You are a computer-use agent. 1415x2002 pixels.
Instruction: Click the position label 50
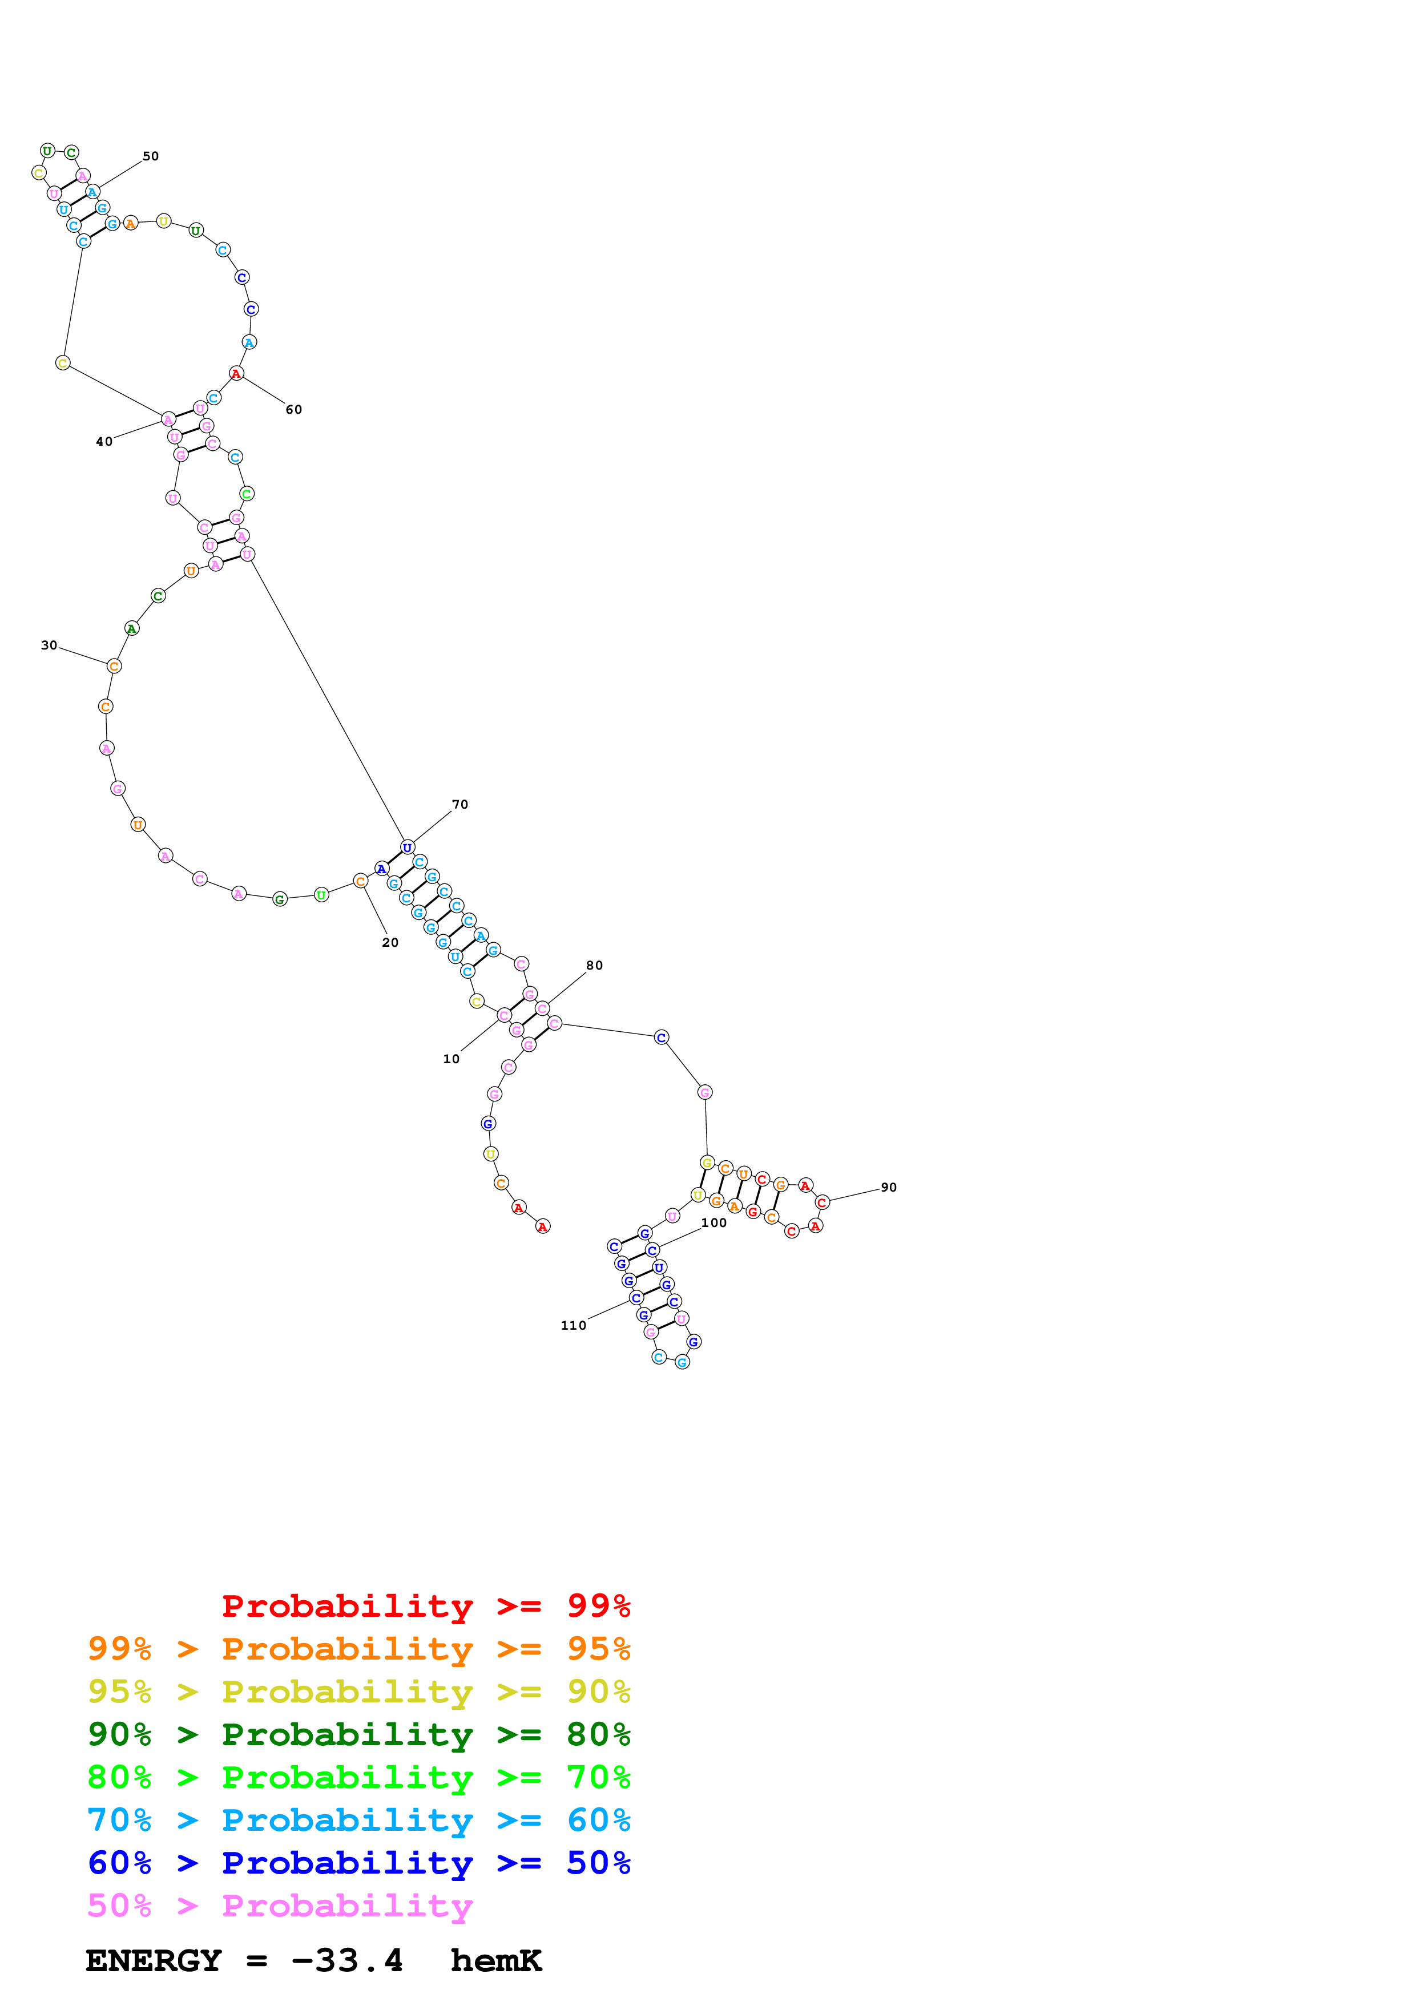151,156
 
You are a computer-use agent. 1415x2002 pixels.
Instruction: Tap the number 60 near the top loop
294,409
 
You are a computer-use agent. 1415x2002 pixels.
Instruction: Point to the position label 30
49,645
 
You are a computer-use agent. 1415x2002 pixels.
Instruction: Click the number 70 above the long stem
459,804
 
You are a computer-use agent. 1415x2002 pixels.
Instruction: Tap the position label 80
594,965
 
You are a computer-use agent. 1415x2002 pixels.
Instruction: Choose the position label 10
451,1059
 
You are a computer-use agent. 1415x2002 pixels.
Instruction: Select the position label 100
713,1222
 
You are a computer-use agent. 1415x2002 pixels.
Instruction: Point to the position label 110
573,1325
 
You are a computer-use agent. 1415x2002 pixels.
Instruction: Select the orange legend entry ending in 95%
358,1648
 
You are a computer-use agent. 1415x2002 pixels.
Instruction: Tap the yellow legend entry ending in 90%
358,1691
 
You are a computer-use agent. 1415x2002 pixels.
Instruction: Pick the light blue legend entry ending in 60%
358,1820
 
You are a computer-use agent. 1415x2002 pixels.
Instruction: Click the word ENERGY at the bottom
154,1960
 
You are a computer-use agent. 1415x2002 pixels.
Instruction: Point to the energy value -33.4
347,1960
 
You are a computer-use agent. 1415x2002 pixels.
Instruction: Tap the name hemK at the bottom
496,1960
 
